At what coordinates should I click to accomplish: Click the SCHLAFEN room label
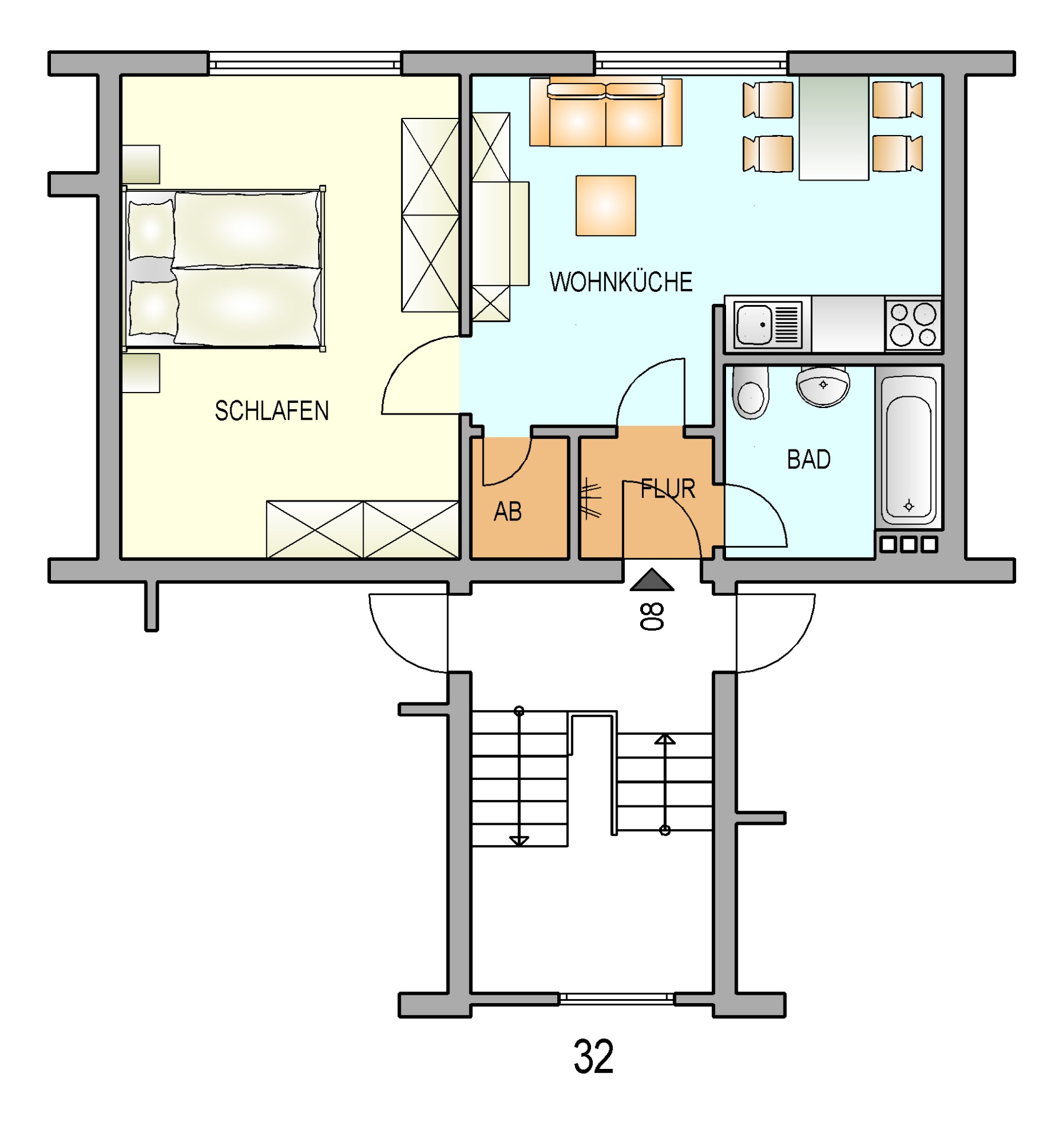271,411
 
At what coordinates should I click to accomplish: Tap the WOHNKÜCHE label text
621,282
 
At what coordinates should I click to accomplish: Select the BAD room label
808,460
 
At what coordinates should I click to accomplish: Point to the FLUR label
667,489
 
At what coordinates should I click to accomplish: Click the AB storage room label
508,512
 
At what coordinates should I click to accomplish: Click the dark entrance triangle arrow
651,581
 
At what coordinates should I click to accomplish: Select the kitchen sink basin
753,325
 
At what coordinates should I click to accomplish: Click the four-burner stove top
913,325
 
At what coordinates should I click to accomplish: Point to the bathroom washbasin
823,386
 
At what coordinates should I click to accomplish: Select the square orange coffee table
605,205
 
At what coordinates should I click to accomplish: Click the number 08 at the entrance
651,616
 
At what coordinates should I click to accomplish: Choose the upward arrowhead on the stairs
664,739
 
